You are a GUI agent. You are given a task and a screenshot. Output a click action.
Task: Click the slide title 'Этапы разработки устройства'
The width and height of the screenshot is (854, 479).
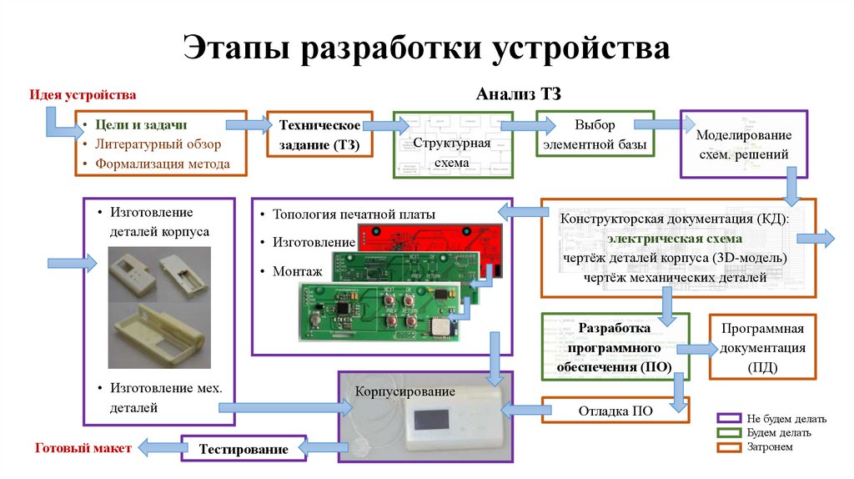[x=426, y=48]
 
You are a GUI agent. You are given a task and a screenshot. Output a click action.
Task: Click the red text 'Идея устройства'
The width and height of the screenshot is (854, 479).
[x=83, y=95]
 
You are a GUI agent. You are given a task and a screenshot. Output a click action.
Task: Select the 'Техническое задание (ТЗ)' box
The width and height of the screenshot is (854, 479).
[x=319, y=135]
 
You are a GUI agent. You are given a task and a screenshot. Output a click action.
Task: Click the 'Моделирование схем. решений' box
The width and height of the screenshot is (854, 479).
[x=743, y=144]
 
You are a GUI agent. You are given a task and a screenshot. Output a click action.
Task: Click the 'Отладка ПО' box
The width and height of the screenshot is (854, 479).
[x=615, y=411]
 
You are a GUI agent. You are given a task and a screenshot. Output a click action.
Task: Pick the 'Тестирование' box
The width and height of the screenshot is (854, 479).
[x=243, y=449]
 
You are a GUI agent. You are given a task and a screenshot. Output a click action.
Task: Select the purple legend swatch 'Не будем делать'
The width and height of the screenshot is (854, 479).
[x=729, y=418]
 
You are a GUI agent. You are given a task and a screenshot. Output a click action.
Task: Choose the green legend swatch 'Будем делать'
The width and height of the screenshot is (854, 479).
[x=729, y=432]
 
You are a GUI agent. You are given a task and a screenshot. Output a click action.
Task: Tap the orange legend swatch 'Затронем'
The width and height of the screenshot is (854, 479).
[x=729, y=447]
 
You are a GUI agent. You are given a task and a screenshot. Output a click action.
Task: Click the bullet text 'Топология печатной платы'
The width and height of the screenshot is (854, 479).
[x=354, y=214]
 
